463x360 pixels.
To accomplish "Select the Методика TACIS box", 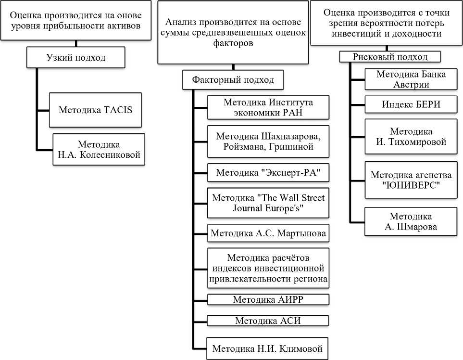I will pos(95,110).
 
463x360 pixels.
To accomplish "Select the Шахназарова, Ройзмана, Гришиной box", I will pos(268,141).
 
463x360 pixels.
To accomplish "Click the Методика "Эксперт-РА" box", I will pos(268,172).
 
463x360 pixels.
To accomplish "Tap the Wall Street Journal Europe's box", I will pos(268,203).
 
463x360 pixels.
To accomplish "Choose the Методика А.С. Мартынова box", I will pos(268,234).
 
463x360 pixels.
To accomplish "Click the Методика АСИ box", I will pos(268,321).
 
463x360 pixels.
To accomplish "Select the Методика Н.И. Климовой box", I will pos(268,348).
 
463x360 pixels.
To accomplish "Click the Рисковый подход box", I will pos(390,57).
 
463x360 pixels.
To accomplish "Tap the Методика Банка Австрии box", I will pos(411,79).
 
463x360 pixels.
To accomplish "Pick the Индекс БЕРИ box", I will pos(411,104).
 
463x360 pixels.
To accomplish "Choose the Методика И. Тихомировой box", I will pos(411,137).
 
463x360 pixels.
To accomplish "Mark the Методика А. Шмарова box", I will pos(411,222).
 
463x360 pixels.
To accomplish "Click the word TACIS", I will pos(117,110).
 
